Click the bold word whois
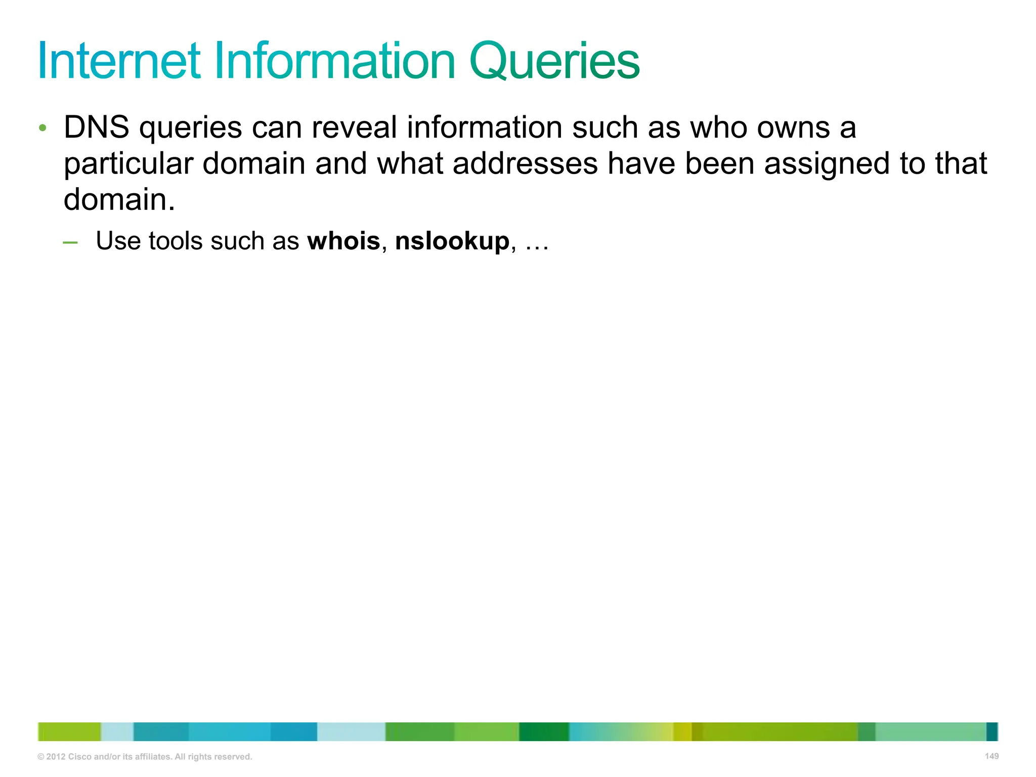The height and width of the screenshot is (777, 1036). point(343,241)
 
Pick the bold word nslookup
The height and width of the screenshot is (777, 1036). point(452,241)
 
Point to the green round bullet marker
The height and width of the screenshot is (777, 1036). point(43,127)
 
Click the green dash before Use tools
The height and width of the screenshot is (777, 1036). point(70,242)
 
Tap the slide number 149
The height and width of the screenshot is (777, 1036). point(991,756)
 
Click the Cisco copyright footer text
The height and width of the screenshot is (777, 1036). point(145,757)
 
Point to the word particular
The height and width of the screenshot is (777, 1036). point(128,164)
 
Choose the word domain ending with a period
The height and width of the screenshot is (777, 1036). point(119,200)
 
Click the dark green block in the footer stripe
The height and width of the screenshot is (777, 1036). point(544,731)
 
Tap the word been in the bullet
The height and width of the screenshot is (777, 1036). point(719,164)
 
